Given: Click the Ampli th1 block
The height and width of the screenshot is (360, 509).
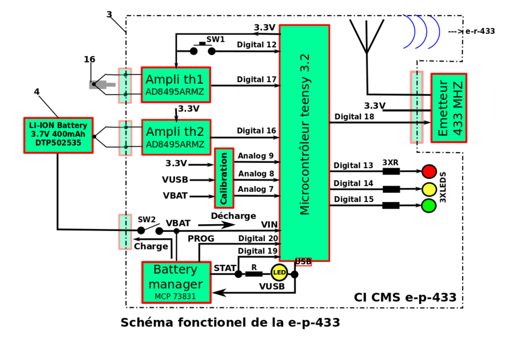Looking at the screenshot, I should [176, 85].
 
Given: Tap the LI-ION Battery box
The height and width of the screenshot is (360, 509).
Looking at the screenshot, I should [58, 135].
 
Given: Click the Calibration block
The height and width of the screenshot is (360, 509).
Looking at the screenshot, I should [224, 178].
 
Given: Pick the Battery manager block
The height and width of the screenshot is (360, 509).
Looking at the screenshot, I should [176, 282].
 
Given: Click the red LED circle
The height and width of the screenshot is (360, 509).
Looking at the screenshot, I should [429, 171].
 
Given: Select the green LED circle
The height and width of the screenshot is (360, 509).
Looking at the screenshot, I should [429, 206].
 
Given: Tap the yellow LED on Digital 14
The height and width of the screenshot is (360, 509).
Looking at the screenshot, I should [429, 189].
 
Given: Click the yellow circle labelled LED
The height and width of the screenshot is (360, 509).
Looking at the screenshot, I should [279, 272].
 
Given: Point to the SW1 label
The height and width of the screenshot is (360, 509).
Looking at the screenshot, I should [215, 39].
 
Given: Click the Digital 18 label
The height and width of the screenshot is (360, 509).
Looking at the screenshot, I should [355, 117].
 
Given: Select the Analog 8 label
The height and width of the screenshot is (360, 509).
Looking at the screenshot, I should [256, 174].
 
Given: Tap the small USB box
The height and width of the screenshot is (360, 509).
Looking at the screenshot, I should [303, 262].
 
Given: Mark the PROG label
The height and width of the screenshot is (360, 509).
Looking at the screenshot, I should [201, 239].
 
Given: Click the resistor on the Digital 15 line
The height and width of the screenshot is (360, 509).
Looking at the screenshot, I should [391, 206].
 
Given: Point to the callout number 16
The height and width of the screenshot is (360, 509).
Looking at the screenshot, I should [89, 60].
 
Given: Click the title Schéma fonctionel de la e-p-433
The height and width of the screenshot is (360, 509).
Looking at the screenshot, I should [230, 323].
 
